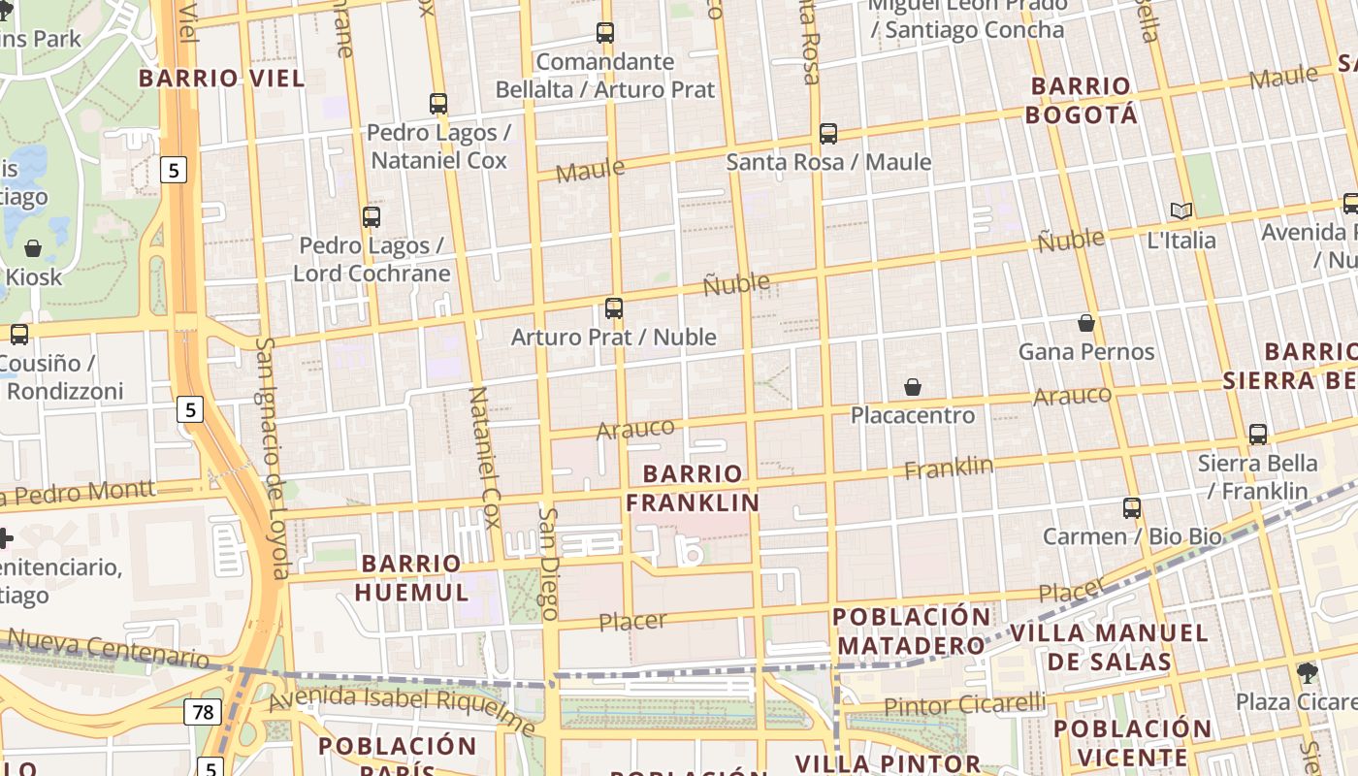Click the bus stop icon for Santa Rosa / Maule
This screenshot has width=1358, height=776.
click(827, 134)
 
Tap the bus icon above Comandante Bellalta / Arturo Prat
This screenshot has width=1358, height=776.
click(605, 33)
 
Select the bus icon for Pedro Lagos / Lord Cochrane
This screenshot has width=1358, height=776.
click(372, 217)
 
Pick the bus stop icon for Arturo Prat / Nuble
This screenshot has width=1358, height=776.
click(614, 308)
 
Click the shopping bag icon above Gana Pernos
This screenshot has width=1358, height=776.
click(1086, 323)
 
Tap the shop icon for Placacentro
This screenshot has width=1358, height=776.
click(913, 387)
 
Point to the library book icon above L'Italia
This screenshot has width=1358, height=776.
click(1181, 210)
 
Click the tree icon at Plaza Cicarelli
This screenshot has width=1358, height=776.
click(1308, 672)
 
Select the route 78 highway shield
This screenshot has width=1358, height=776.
click(203, 713)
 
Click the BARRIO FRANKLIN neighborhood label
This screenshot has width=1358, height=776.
click(692, 488)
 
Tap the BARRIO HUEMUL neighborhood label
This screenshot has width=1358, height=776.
click(411, 578)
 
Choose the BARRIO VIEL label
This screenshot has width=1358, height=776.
click(221, 79)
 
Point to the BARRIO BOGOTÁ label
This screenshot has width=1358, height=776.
click(1082, 100)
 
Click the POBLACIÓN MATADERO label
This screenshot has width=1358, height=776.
click(912, 631)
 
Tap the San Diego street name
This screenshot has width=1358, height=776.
click(549, 564)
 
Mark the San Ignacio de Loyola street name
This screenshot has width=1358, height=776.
click(273, 457)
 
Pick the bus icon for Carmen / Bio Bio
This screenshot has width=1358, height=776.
click(1131, 507)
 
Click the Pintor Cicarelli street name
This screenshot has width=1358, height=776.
click(964, 704)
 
